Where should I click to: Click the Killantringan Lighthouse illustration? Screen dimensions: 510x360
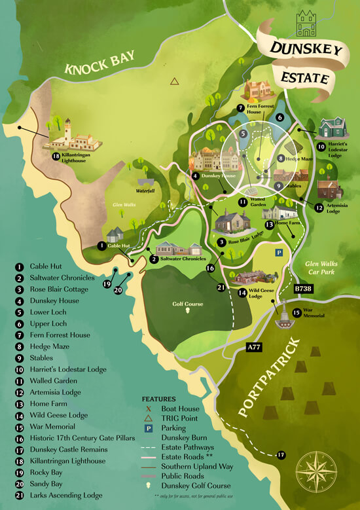pyautogui.click(x=70, y=136)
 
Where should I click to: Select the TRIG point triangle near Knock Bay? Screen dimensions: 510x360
pyautogui.click(x=174, y=82)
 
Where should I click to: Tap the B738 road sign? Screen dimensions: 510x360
pyautogui.click(x=304, y=288)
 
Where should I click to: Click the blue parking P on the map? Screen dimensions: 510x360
pyautogui.click(x=279, y=251)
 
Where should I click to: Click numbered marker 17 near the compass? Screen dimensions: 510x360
pyautogui.click(x=281, y=454)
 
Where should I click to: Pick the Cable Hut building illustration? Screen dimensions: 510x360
pyautogui.click(x=115, y=234)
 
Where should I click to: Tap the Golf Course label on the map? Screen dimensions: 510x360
pyautogui.click(x=188, y=304)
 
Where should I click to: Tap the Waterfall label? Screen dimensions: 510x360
pyautogui.click(x=144, y=192)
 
